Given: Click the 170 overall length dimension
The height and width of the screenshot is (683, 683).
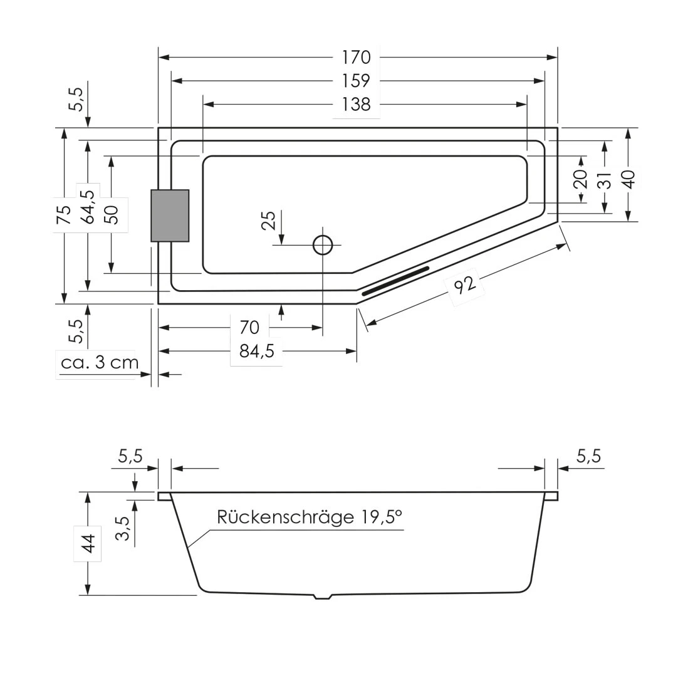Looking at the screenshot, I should [x=357, y=57].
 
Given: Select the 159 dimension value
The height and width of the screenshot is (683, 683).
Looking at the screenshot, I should [x=357, y=81].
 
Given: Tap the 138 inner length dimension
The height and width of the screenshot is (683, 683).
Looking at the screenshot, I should [x=357, y=104].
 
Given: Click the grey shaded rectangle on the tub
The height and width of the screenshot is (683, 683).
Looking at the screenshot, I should [x=170, y=216].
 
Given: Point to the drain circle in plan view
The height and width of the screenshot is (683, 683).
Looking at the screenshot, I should [x=323, y=245].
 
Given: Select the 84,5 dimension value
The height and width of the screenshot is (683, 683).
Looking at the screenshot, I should [x=257, y=351].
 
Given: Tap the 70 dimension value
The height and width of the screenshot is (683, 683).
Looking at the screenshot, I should [x=249, y=327].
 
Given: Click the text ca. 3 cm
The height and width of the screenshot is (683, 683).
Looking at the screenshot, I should [x=100, y=362].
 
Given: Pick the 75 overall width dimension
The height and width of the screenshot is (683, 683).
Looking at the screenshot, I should [x=64, y=216].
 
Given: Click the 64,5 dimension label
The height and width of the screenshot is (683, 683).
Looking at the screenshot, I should [x=88, y=207].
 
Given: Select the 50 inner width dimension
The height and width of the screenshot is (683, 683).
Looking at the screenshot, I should [x=112, y=216].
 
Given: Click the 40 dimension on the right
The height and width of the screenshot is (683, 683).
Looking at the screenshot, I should [x=629, y=179].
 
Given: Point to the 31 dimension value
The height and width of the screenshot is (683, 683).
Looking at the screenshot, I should [x=605, y=180].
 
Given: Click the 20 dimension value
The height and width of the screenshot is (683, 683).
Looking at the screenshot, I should [x=581, y=179].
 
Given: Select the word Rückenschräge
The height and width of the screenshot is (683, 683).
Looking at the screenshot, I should [x=285, y=517].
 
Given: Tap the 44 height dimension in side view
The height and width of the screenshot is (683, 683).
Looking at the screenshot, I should [x=88, y=543].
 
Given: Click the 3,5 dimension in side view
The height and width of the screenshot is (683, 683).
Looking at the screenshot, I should [x=123, y=528].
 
